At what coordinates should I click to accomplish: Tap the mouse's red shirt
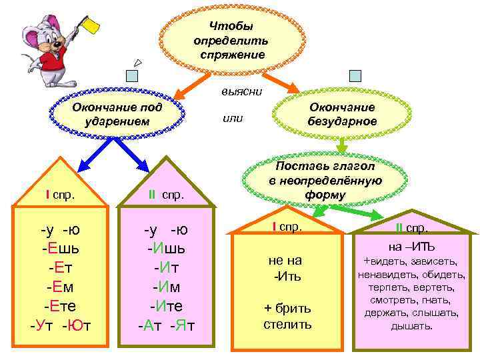click(55, 63)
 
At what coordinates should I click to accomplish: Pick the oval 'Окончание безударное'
click(342, 114)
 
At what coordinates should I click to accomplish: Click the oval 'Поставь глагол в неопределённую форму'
click(325, 180)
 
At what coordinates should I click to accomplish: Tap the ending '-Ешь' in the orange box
click(61, 249)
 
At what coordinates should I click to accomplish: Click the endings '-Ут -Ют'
click(61, 325)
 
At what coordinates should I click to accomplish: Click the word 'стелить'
click(287, 325)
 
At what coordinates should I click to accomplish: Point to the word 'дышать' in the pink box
click(411, 326)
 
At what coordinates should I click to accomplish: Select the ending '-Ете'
click(61, 306)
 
